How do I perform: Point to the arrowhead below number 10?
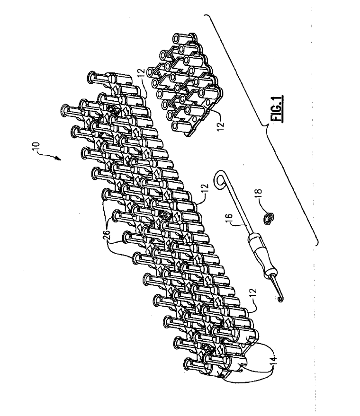(58, 159)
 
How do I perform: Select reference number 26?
(106, 235)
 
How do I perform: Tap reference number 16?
(229, 219)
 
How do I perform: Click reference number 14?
(274, 360)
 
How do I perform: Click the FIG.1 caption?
(278, 109)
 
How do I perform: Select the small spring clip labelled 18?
(269, 218)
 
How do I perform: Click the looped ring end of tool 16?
(219, 180)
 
